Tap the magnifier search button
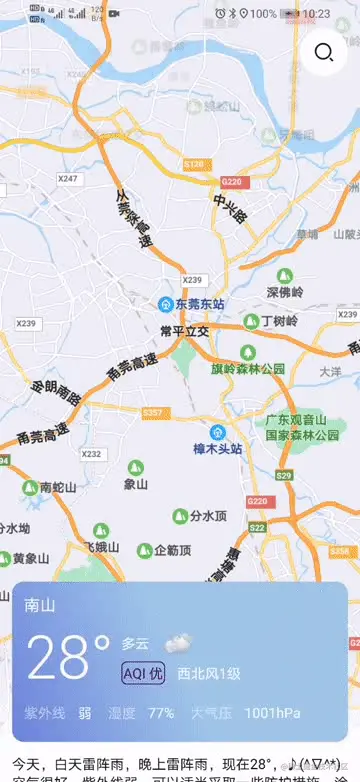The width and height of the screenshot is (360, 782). pyautogui.click(x=323, y=53)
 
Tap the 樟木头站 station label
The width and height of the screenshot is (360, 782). pyautogui.click(x=218, y=449)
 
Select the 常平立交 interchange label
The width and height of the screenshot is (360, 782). pyautogui.click(x=184, y=330)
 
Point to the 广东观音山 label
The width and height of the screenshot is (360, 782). pyautogui.click(x=303, y=420)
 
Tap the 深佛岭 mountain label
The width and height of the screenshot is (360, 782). pyautogui.click(x=283, y=293)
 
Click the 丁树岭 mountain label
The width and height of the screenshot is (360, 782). pyautogui.click(x=279, y=322)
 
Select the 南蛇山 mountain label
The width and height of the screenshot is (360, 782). pyautogui.click(x=57, y=488)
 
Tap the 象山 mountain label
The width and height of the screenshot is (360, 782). pyautogui.click(x=135, y=483)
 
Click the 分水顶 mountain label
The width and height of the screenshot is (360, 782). pyautogui.click(x=208, y=516)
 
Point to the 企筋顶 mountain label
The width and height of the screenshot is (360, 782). pyautogui.click(x=172, y=550)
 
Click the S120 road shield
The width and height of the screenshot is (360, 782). pyautogui.click(x=194, y=163)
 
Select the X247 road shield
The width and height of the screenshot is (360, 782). pyautogui.click(x=68, y=179)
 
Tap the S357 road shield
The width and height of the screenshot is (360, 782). pyautogui.click(x=152, y=412)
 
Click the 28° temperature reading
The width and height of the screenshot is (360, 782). pyautogui.click(x=68, y=658)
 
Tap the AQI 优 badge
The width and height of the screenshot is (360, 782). pyautogui.click(x=143, y=673)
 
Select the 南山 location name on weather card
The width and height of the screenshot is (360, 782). pyautogui.click(x=41, y=606)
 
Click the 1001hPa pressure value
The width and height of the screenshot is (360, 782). pyautogui.click(x=272, y=713)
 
